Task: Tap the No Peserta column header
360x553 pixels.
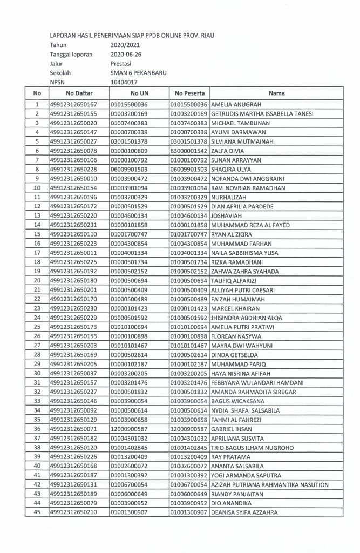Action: click(x=188, y=93)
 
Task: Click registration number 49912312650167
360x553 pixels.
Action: click(x=73, y=104)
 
